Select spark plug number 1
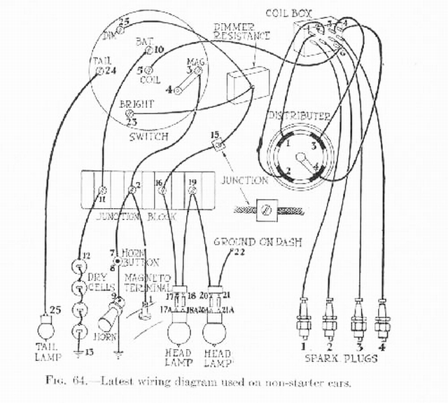tap(304, 320)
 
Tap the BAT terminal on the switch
tap(149, 50)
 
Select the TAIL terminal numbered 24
tap(99, 71)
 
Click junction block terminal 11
tap(102, 190)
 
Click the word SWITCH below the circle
tap(148, 136)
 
